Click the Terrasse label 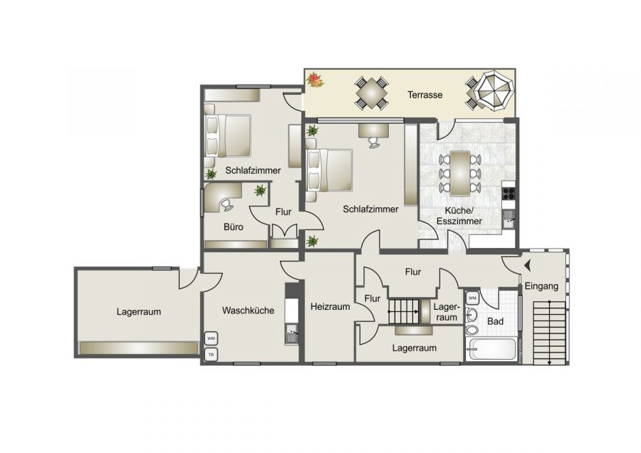[425, 95]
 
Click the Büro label [234, 228]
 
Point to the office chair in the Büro [226, 204]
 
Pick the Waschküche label [248, 311]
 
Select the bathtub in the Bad [491, 349]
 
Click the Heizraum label [330, 307]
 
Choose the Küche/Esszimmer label [464, 216]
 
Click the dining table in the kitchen [461, 172]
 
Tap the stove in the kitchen [509, 191]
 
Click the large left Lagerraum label [139, 311]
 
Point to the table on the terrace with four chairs [372, 93]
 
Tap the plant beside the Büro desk [260, 190]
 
